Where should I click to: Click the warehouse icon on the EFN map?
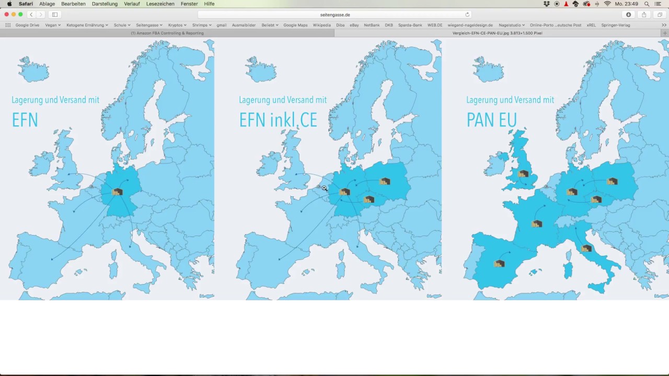(x=118, y=192)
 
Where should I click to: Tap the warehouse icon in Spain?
(x=499, y=264)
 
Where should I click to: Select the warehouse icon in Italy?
(x=586, y=249)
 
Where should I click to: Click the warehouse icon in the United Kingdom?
(x=523, y=174)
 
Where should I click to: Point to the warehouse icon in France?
(x=537, y=224)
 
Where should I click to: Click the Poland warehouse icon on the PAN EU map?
(x=613, y=182)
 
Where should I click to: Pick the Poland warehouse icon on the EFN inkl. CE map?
(x=385, y=182)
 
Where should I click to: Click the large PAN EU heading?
(x=491, y=120)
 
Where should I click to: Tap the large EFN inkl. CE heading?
(x=278, y=120)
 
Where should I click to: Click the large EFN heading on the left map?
(x=25, y=120)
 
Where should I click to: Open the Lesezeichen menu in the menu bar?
(x=160, y=4)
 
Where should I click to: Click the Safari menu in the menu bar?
(x=26, y=4)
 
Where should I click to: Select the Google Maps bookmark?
(x=295, y=25)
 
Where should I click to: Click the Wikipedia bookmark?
(x=321, y=25)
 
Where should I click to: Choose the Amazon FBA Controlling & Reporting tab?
(x=167, y=33)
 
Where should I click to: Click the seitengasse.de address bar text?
(x=335, y=15)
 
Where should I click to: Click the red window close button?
(x=6, y=15)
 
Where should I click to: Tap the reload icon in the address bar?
(x=467, y=15)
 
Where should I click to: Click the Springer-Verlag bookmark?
(x=615, y=25)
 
